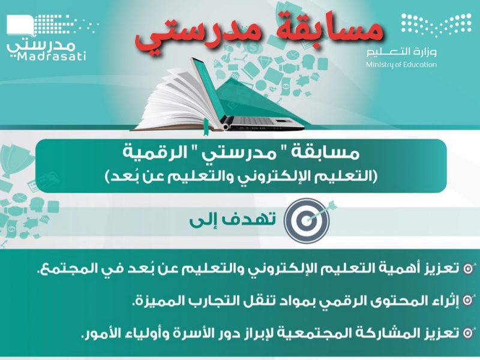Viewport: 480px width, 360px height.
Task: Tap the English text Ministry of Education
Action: [401, 65]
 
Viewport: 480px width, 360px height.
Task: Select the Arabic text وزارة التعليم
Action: [401, 52]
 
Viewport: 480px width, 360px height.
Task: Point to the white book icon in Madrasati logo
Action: [20, 26]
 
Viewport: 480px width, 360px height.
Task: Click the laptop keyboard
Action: [260, 121]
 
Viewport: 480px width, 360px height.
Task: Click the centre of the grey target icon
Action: [306, 220]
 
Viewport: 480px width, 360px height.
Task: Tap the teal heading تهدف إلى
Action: [233, 219]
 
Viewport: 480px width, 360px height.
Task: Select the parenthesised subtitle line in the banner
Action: [241, 176]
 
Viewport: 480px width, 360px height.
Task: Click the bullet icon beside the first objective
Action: [468, 268]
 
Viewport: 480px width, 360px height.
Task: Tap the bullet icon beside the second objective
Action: [468, 301]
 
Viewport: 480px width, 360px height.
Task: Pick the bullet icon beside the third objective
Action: [468, 333]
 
